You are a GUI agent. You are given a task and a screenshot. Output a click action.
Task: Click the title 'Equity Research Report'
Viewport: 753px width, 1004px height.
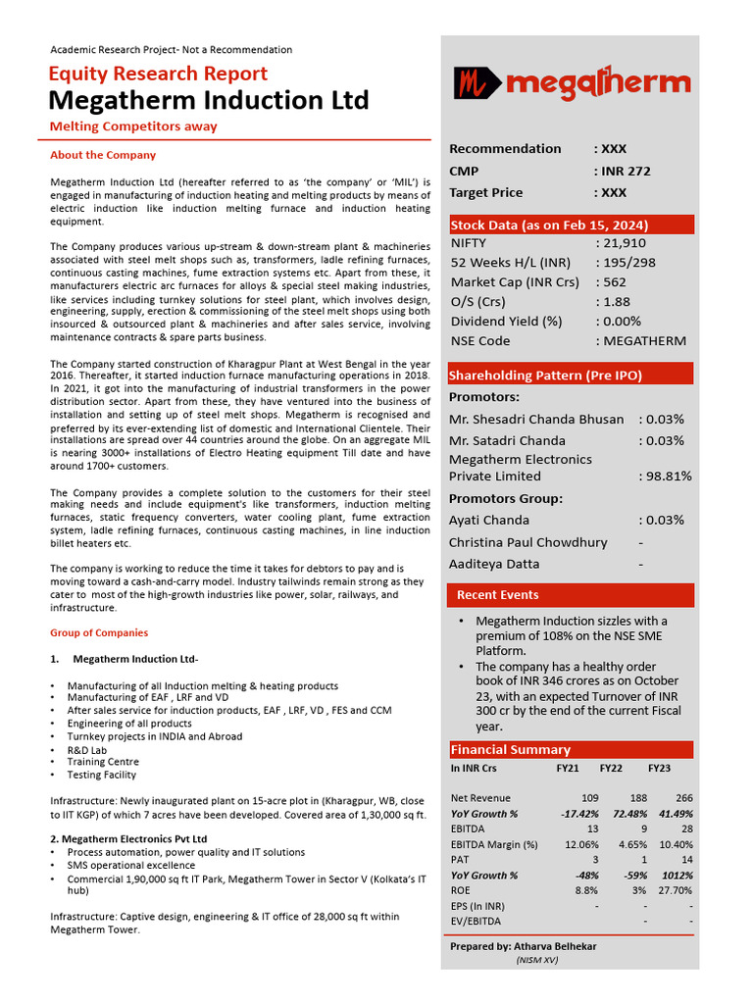point(158,74)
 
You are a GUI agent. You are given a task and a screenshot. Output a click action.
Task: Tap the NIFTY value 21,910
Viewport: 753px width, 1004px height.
point(621,242)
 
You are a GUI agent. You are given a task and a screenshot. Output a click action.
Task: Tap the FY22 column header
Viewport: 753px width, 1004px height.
point(611,769)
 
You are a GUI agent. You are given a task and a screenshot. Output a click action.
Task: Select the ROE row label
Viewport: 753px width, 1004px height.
point(462,890)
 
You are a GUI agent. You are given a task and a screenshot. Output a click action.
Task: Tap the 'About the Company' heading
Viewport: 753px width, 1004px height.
point(103,155)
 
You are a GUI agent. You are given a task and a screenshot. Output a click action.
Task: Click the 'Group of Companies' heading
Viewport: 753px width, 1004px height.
point(99,632)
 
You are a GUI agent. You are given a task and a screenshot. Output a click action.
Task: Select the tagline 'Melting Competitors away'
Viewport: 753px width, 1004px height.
point(133,126)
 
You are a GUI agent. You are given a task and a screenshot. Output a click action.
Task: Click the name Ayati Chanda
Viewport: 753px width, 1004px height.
point(488,521)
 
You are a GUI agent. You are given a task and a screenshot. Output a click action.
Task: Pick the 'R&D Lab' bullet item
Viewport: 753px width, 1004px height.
point(87,749)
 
